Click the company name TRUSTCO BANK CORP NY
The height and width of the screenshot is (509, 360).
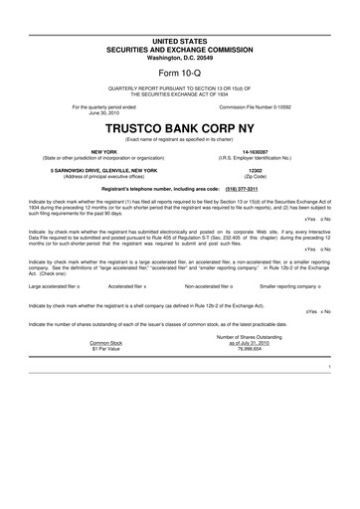(180, 129)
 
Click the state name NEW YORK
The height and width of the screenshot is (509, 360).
(103, 151)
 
